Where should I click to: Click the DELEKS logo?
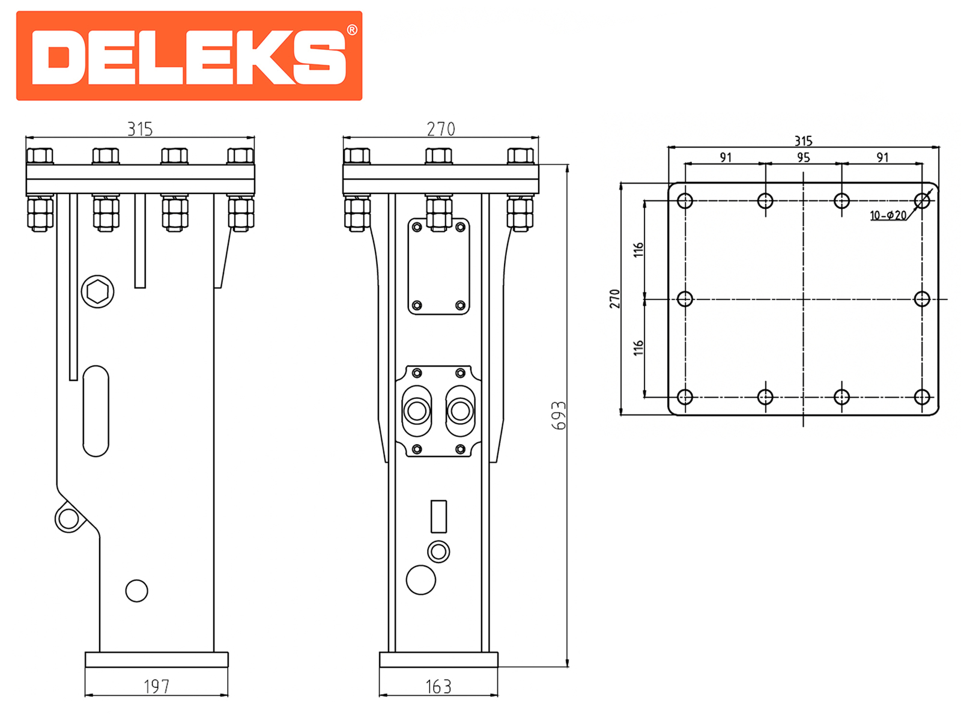(x=189, y=56)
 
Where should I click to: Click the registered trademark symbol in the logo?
(x=351, y=30)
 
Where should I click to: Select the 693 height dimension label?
(x=559, y=415)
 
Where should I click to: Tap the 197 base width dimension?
(x=156, y=686)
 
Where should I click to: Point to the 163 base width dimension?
(x=438, y=687)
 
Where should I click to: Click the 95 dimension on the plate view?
(x=804, y=157)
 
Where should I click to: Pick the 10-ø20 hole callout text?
(x=888, y=215)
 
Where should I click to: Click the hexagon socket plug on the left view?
(x=98, y=291)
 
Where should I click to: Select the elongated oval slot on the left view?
(x=96, y=411)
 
